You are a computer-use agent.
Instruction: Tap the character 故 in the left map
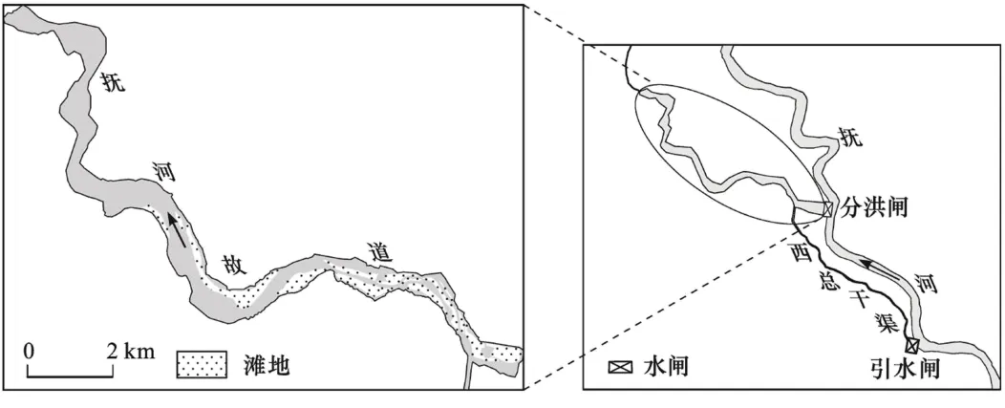click(233, 263)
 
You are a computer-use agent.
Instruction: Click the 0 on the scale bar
click(29, 350)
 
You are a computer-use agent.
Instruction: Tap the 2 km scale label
click(129, 350)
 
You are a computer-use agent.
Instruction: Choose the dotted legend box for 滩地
click(202, 364)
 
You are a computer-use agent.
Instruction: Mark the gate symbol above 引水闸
click(911, 344)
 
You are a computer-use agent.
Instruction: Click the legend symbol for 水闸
click(621, 366)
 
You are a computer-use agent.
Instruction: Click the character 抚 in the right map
click(850, 138)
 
